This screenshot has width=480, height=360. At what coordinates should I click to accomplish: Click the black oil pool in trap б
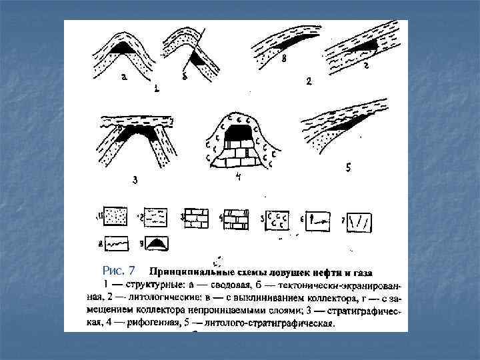point(198,59)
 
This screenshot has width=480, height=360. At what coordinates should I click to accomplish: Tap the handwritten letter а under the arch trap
point(123,79)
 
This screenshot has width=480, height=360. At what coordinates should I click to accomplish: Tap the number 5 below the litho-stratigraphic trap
point(348,169)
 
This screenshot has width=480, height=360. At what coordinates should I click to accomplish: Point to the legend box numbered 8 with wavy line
point(116,245)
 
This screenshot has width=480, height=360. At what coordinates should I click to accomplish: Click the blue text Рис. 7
point(119,270)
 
